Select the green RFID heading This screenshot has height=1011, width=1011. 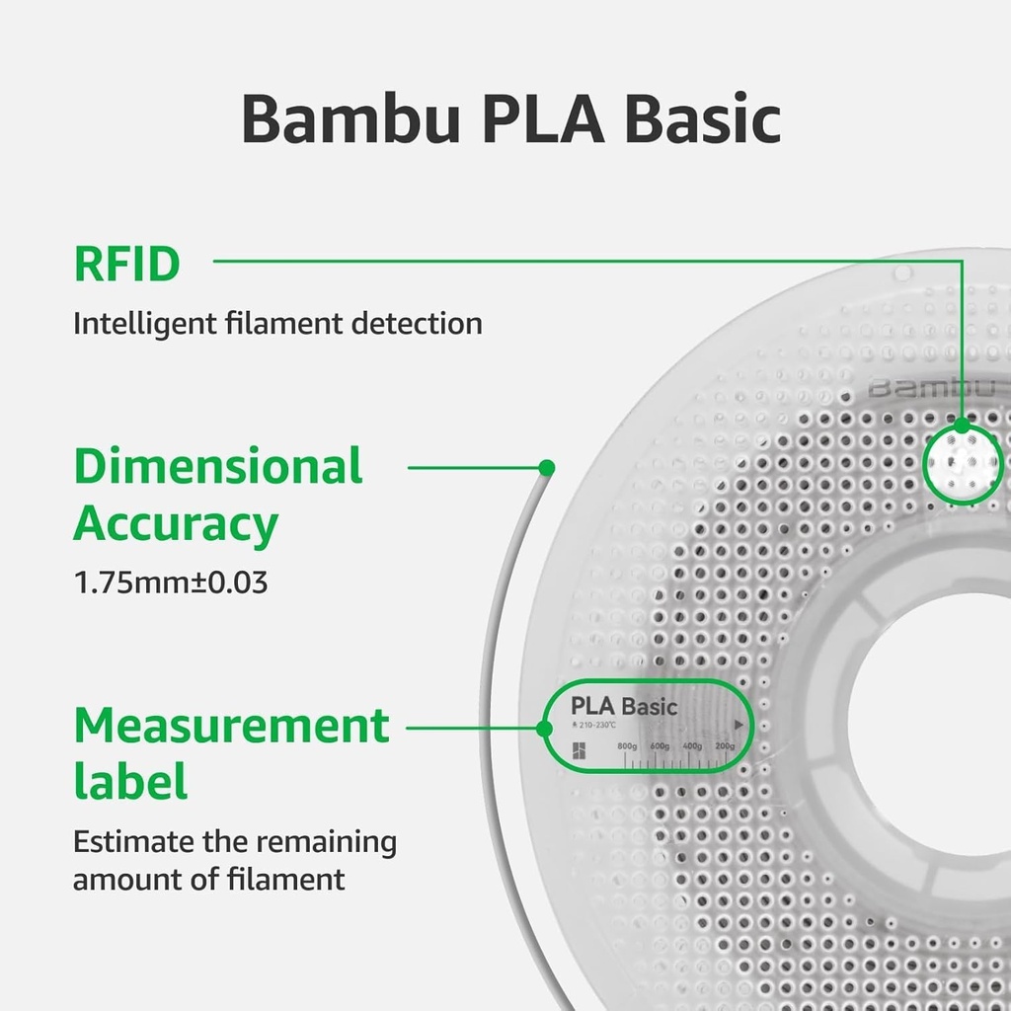(126, 265)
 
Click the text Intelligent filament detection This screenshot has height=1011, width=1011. (277, 323)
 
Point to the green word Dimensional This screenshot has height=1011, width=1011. (218, 466)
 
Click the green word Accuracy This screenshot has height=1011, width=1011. (175, 524)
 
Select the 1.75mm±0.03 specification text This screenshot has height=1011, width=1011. (171, 583)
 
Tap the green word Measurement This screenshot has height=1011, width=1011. (232, 727)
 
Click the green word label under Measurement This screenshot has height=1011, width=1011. (130, 782)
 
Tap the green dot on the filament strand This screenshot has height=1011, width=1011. (546, 467)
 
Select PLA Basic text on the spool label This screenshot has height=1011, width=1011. (624, 706)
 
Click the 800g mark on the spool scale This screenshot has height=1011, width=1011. (626, 746)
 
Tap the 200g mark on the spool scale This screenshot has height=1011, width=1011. (724, 746)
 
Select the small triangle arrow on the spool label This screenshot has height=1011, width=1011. (738, 724)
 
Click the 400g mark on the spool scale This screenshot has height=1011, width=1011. (691, 746)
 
